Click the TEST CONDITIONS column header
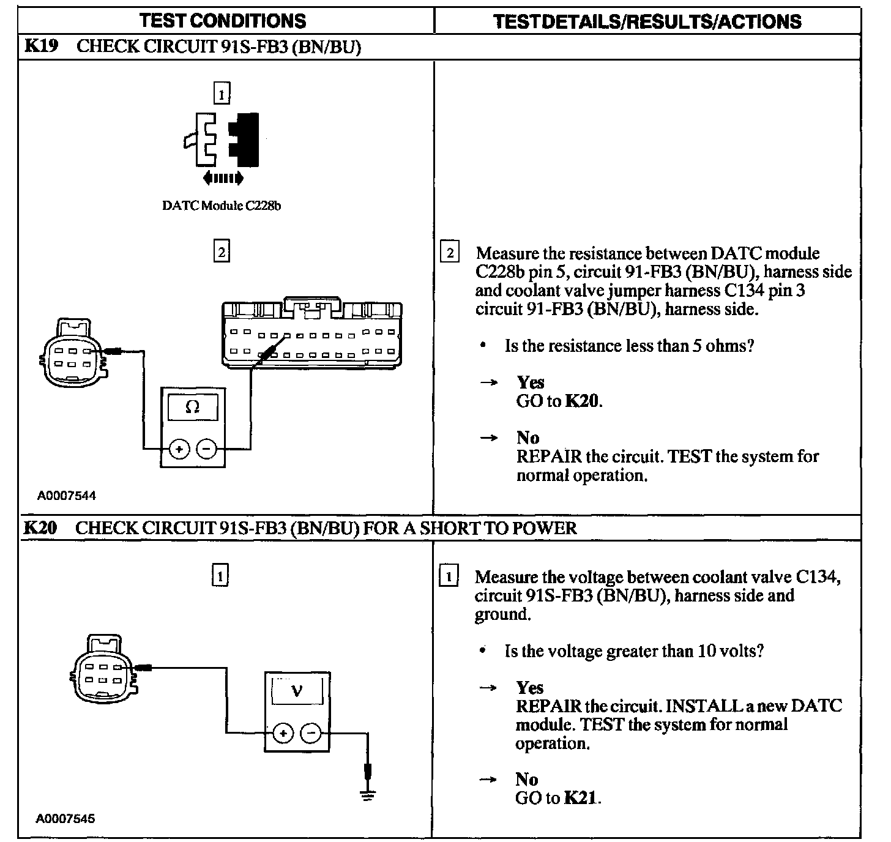coord(223,21)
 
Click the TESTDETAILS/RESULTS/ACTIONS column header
coord(647,22)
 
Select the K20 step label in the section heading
coord(40,527)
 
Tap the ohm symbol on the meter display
coord(192,407)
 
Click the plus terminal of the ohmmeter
coord(179,449)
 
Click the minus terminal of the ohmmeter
coord(206,449)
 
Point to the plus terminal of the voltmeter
coord(283,732)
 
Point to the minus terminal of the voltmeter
coord(311,732)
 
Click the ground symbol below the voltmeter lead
coord(367,795)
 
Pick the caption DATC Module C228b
coord(222,206)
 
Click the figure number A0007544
coord(66,496)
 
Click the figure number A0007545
coord(66,818)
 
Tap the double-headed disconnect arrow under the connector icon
coord(223,178)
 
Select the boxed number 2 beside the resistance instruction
coord(450,253)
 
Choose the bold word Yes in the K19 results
coord(530,382)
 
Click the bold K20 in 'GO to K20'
coord(581,401)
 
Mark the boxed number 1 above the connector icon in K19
coord(221,94)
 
